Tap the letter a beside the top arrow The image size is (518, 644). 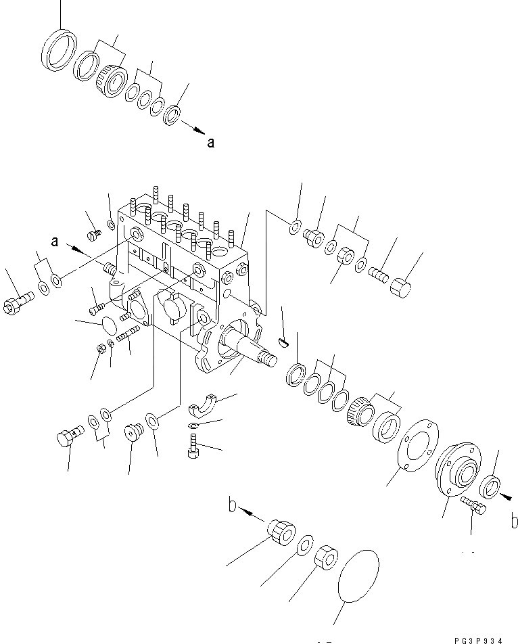[211, 143]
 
